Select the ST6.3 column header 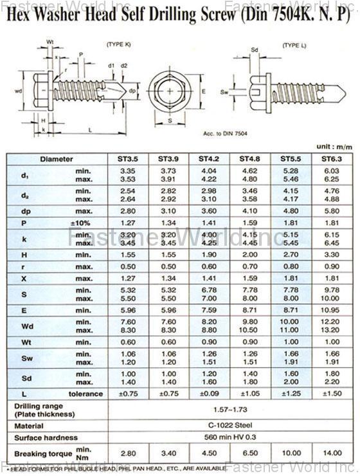(330, 158)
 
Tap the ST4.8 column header (249, 158)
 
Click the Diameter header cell (57, 158)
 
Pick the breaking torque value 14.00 (330, 452)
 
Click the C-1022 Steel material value (229, 425)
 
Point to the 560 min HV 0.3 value (229, 437)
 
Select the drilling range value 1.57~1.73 (229, 408)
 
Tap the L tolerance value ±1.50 (330, 393)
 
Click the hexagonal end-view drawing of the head (169, 91)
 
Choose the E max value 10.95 (330, 309)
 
